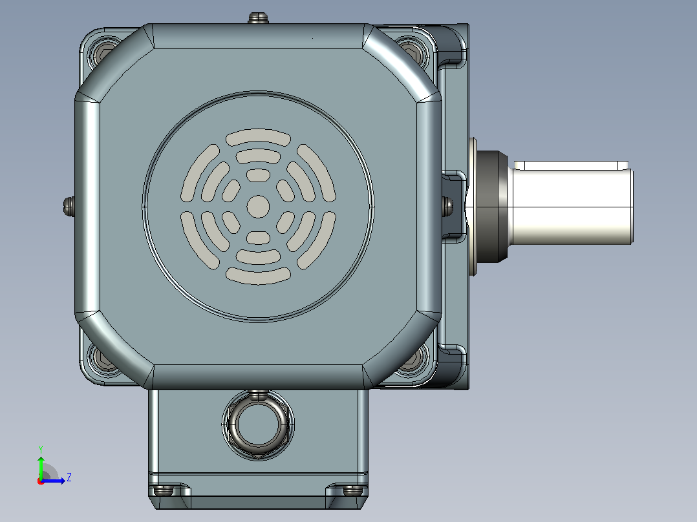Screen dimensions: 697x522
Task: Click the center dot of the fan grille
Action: (258, 207)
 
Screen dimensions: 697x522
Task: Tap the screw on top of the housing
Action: (258, 18)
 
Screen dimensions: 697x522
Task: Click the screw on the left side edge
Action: (69, 206)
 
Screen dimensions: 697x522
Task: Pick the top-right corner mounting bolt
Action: (412, 52)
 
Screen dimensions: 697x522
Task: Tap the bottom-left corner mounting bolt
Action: (103, 358)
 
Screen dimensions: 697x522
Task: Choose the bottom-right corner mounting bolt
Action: (413, 358)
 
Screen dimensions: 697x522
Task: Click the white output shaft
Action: (574, 203)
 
